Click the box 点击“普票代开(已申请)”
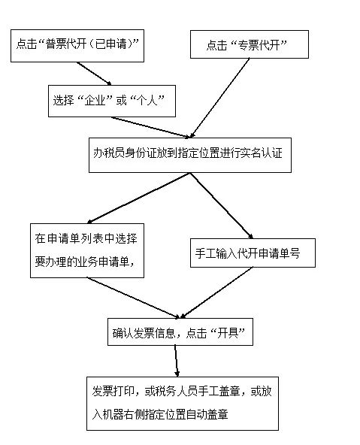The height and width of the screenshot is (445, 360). tap(77, 46)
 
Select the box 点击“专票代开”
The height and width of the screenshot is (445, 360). tap(250, 44)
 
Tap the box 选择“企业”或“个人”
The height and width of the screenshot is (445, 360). tap(112, 101)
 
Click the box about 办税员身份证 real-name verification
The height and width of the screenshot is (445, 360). tap(190, 156)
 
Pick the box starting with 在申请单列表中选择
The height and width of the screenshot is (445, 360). tap(87, 250)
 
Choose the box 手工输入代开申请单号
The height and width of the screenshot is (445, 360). tap(253, 253)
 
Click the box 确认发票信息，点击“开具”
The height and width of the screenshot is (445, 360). tap(180, 331)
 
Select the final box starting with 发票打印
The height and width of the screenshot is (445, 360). tap(183, 404)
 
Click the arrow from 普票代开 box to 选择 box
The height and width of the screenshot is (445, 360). tap(94, 74)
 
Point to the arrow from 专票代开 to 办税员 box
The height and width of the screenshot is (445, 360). tap(220, 98)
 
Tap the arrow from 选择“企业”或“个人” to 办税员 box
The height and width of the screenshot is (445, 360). tap(150, 128)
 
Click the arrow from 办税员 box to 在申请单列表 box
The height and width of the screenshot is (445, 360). tap(138, 198)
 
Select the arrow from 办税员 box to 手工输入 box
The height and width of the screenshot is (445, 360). tap(221, 205)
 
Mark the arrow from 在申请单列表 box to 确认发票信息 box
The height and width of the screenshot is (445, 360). tap(133, 298)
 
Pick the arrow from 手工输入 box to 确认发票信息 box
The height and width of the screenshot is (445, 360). tap(216, 292)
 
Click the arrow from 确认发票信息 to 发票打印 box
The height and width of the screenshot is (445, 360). tap(176, 361)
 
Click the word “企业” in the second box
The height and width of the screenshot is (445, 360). tap(95, 101)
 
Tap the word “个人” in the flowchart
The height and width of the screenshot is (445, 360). tap(147, 101)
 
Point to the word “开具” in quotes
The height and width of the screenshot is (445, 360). tap(228, 332)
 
